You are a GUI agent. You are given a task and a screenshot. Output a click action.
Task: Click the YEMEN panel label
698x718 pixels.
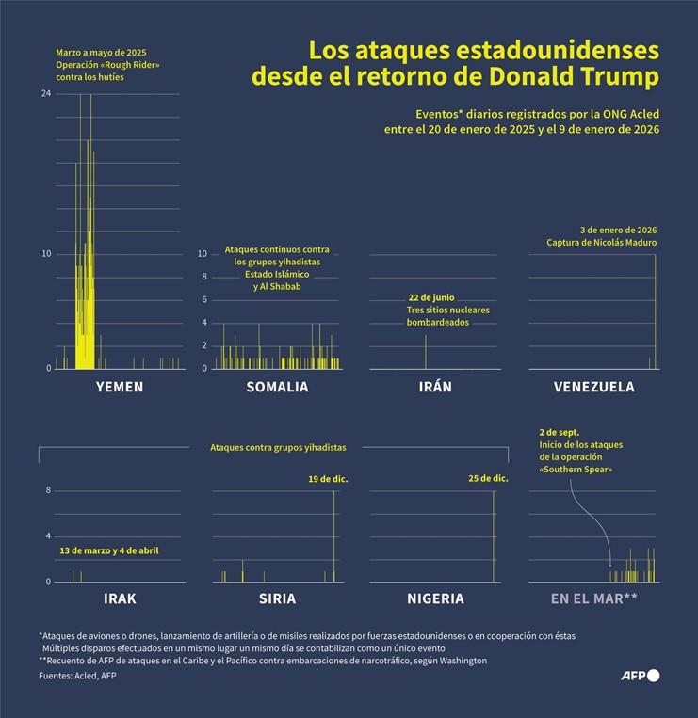pyautogui.click(x=120, y=387)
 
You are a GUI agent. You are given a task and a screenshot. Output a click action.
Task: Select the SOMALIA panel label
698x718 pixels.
pyautogui.click(x=277, y=387)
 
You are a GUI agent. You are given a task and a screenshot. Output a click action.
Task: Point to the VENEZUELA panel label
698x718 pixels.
pyautogui.click(x=593, y=387)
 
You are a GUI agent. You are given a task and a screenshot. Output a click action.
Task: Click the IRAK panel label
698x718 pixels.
pyautogui.click(x=120, y=598)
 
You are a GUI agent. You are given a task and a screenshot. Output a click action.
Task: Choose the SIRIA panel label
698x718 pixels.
pyautogui.click(x=277, y=598)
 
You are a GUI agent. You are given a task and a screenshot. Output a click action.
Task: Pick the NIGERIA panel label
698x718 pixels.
pyautogui.click(x=435, y=598)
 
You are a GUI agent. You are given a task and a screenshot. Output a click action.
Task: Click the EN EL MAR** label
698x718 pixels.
pyautogui.click(x=594, y=598)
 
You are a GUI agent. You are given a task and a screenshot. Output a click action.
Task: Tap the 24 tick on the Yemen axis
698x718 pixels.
pyautogui.click(x=46, y=94)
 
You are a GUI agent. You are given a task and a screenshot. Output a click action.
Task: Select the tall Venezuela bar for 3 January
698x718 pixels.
pyautogui.click(x=656, y=311)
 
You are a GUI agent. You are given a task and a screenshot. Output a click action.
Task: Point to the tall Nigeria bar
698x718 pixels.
pyautogui.click(x=493, y=536)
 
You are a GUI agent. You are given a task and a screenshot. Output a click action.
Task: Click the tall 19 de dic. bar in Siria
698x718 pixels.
pyautogui.click(x=334, y=536)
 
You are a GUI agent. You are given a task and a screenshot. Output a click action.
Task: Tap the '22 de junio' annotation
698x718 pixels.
pyautogui.click(x=430, y=297)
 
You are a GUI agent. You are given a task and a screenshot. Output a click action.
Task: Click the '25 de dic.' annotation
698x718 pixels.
pyautogui.click(x=488, y=479)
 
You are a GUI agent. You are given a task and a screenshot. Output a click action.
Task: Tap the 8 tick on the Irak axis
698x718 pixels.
pyautogui.click(x=47, y=490)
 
